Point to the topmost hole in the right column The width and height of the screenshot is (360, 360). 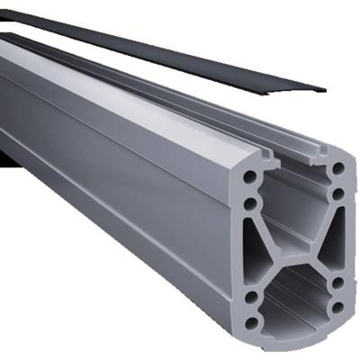tap(337, 167)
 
